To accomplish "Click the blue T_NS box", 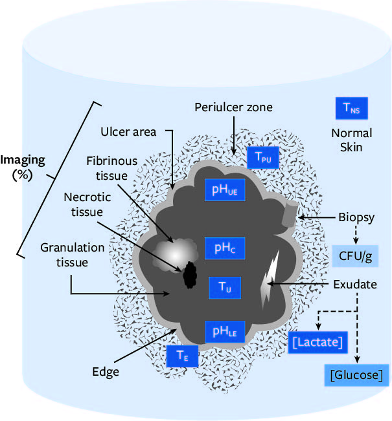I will [x=351, y=108].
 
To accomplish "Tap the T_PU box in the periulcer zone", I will [x=262, y=157].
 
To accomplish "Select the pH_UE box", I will [x=225, y=189].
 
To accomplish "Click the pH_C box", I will [x=225, y=248].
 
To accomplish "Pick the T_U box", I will [x=225, y=288].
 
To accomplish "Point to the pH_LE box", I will [x=225, y=332].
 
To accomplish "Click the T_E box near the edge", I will [x=182, y=355].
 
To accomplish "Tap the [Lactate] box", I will [x=316, y=340].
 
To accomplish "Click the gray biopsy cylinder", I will [x=289, y=214].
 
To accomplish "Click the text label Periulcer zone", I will [x=234, y=107].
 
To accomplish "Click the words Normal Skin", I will [x=352, y=140].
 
